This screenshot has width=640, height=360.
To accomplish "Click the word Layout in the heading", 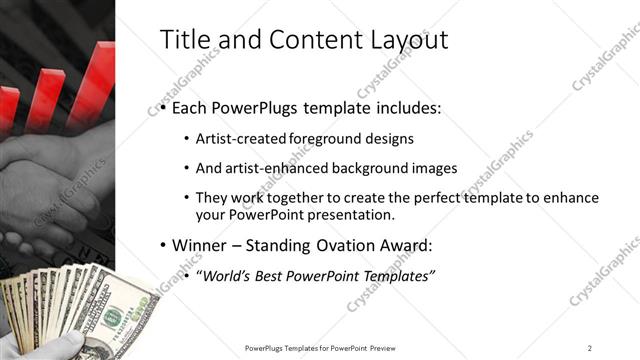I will pos(403,40).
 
